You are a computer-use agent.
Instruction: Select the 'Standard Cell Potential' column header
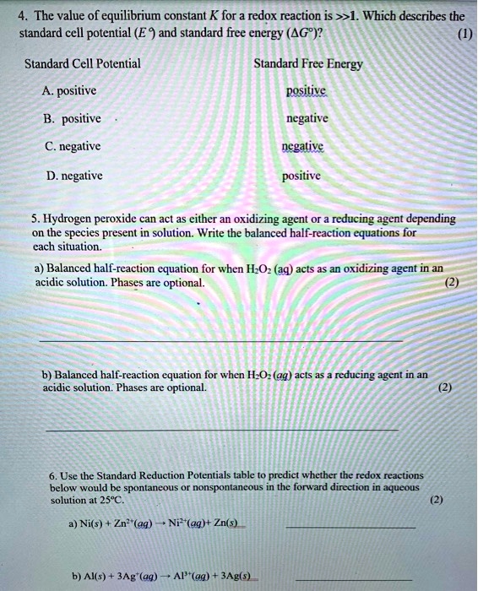coord(82,63)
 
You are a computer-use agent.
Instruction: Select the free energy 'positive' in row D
coord(301,176)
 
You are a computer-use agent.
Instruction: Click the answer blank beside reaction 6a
coord(350,528)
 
